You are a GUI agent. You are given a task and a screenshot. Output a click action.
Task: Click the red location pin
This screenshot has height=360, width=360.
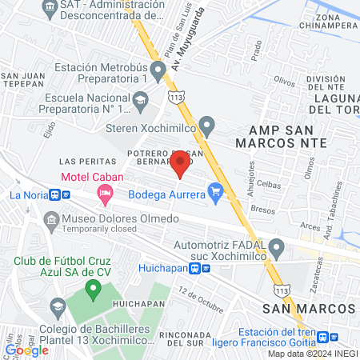180,165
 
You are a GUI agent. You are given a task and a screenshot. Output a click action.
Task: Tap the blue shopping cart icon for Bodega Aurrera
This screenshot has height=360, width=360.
214,190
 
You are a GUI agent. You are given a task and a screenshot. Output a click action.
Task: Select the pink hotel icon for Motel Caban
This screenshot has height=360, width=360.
104,192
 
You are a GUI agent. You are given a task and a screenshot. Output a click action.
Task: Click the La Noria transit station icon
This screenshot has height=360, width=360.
55,194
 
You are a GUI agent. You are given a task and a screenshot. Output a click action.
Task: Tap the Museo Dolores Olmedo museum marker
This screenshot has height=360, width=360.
52,219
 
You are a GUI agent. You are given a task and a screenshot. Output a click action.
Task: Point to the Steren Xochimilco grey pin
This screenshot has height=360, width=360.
208,126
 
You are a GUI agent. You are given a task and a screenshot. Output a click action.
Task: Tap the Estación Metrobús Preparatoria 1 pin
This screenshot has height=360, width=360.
158,71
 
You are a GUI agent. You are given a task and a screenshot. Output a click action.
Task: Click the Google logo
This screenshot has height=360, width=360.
26,350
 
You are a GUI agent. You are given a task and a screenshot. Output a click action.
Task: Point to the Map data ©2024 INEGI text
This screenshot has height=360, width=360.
311,354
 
